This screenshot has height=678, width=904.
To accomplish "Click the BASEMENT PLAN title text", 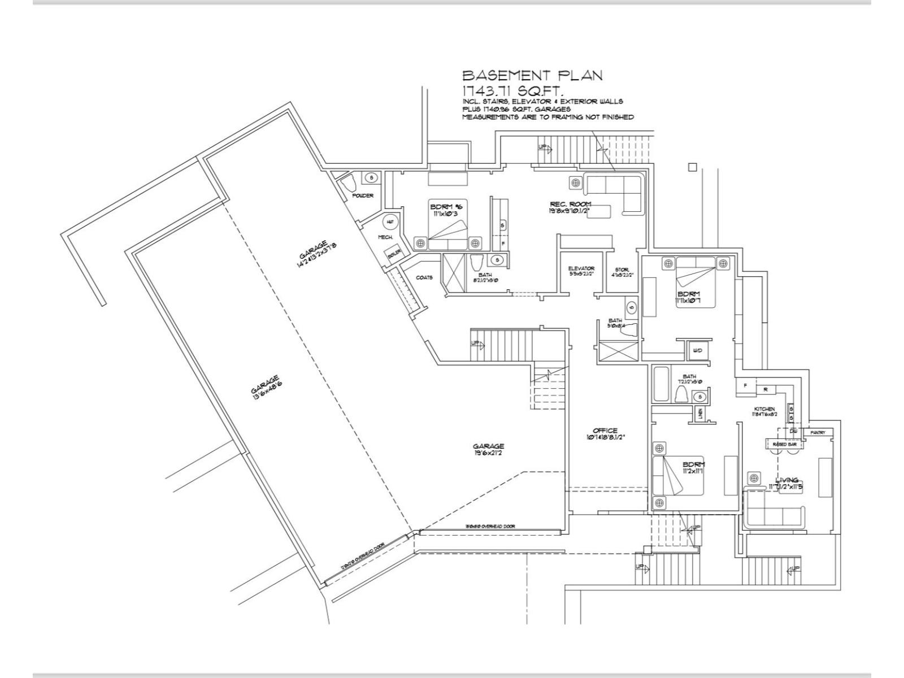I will (532, 75).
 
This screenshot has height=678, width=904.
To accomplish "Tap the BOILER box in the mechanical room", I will (394, 255).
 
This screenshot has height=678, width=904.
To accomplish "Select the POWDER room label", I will (363, 195).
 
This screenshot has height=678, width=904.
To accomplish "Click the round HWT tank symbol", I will (390, 222).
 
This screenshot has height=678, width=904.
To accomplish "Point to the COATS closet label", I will (424, 277).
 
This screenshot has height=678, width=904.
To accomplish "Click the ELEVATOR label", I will (581, 268).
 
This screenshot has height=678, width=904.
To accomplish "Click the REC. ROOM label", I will (571, 204).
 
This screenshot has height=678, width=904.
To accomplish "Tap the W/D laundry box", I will (697, 351).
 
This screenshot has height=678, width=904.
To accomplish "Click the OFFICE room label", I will (605, 431).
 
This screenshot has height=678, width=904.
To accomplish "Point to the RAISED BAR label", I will (785, 445).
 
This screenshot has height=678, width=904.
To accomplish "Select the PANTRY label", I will (818, 432).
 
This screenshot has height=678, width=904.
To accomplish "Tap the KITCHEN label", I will (764, 409).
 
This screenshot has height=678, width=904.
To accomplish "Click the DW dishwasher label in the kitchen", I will (793, 431).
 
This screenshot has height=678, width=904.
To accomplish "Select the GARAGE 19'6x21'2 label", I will (489, 446).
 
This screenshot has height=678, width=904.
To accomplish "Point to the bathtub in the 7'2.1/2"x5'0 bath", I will (662, 385).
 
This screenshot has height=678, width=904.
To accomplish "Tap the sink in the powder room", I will (371, 178).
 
